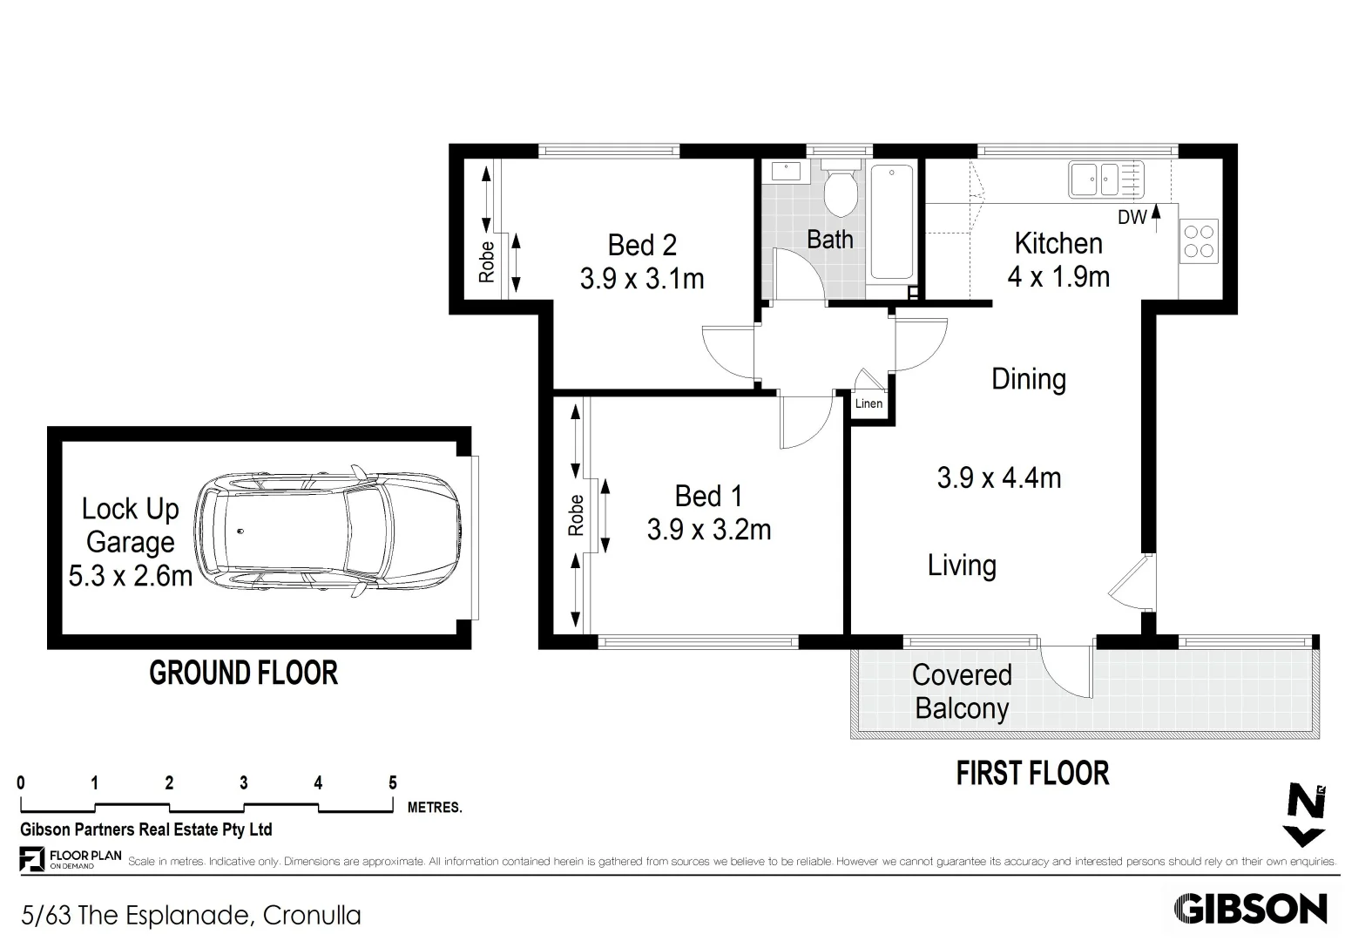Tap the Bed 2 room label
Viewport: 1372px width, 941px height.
tap(642, 246)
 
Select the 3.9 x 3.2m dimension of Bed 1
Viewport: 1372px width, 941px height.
tap(709, 530)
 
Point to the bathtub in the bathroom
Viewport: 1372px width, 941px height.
tap(891, 222)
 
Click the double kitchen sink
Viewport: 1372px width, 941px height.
tap(1095, 179)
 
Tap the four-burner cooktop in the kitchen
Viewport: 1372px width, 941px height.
tap(1198, 241)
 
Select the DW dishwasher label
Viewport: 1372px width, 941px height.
tap(1132, 218)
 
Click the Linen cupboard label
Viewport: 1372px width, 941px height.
tap(868, 403)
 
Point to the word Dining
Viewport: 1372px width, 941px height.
tap(1029, 380)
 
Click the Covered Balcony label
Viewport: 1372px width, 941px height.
tap(962, 692)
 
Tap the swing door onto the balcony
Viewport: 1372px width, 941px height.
tap(1065, 670)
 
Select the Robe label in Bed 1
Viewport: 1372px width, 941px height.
tap(576, 515)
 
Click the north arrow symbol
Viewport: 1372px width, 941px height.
tap(1305, 815)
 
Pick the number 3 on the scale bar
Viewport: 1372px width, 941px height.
tap(244, 783)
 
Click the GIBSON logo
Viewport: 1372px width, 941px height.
tap(1250, 909)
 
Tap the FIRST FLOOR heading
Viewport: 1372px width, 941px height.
tap(1032, 774)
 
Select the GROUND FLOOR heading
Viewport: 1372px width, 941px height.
tap(243, 674)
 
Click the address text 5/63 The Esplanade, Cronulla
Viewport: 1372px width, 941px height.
tap(192, 916)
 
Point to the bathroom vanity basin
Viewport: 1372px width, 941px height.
tap(786, 171)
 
